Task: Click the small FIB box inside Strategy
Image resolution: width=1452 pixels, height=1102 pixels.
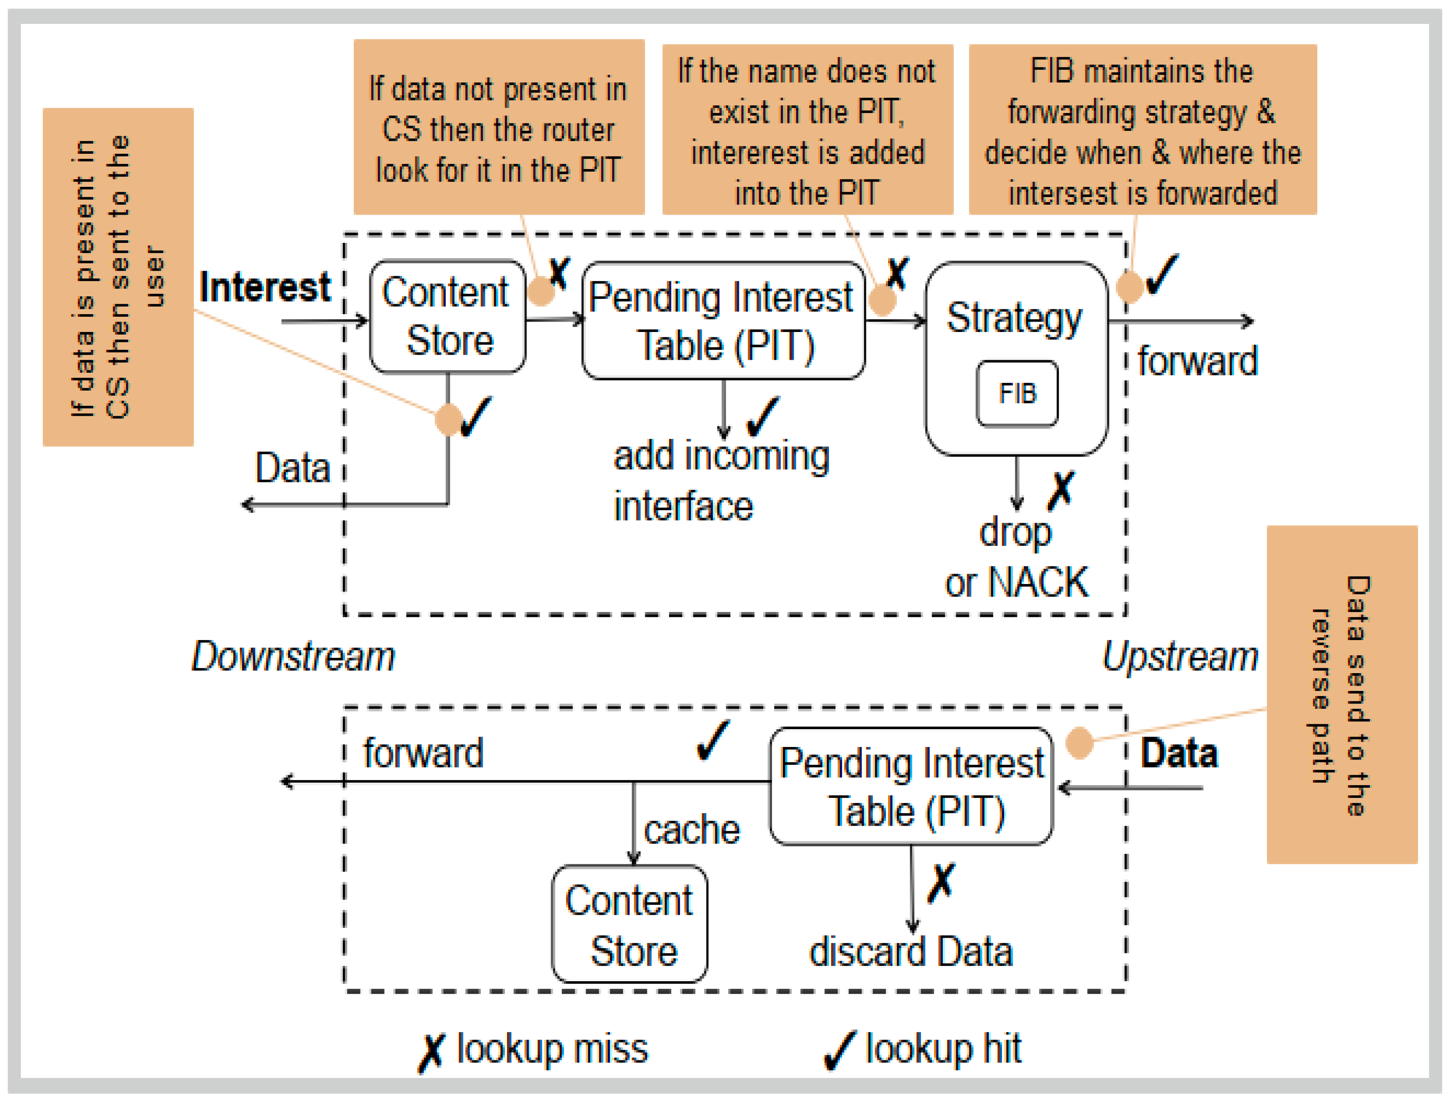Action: [x=1017, y=393]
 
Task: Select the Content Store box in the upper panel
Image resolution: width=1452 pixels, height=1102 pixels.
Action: [x=448, y=316]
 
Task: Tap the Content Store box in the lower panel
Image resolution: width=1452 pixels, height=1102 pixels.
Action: [x=630, y=924]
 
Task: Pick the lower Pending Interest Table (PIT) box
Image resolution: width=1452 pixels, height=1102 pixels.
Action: [x=911, y=786]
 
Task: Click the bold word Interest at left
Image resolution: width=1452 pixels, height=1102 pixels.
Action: [x=265, y=288]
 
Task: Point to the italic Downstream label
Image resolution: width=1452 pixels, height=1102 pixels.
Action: [x=293, y=656]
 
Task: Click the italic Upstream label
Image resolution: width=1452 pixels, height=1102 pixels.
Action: [x=1180, y=656]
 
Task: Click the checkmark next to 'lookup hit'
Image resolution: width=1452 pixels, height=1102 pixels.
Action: [x=839, y=1050]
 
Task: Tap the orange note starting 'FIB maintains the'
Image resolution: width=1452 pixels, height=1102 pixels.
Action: [x=1142, y=130]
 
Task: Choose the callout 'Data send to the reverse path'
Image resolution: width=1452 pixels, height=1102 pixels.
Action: [x=1341, y=694]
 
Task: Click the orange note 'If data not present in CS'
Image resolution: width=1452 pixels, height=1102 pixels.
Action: [x=499, y=127]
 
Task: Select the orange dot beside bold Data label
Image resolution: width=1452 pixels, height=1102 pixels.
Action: [x=1079, y=743]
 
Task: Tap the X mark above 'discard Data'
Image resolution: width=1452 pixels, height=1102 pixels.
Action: [x=941, y=883]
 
